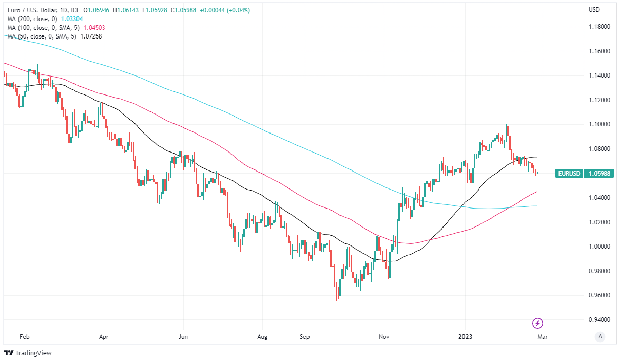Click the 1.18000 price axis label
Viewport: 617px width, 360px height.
tap(600, 27)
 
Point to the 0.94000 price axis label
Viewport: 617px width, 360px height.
tap(600, 320)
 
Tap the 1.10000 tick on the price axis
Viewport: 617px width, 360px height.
tap(600, 124)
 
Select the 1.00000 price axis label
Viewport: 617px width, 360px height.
tap(600, 247)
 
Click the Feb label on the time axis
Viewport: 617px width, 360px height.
tap(24, 337)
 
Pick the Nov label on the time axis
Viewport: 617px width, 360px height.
tap(383, 337)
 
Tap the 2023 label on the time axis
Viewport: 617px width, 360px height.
tap(466, 337)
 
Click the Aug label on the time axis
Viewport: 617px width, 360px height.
tap(262, 337)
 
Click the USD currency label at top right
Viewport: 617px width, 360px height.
tap(594, 9)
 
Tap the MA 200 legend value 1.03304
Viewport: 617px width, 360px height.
tap(72, 18)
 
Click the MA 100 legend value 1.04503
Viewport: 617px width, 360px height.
tap(94, 27)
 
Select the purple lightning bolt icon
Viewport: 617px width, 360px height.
tap(538, 323)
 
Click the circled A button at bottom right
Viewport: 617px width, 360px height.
tap(599, 337)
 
